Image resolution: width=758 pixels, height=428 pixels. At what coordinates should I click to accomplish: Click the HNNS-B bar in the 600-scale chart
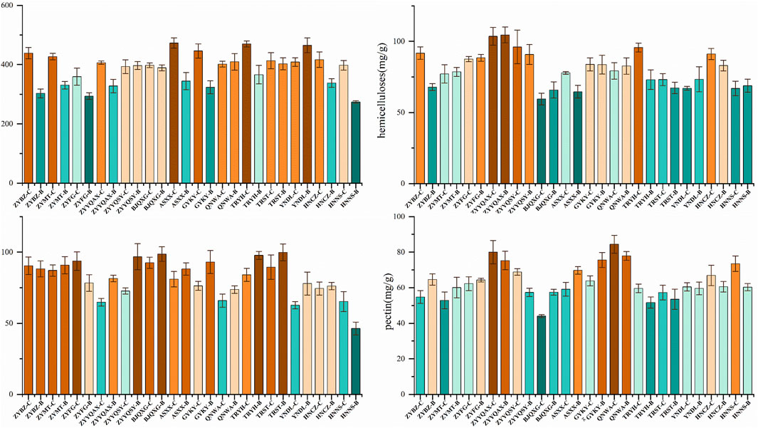pos(355,142)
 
